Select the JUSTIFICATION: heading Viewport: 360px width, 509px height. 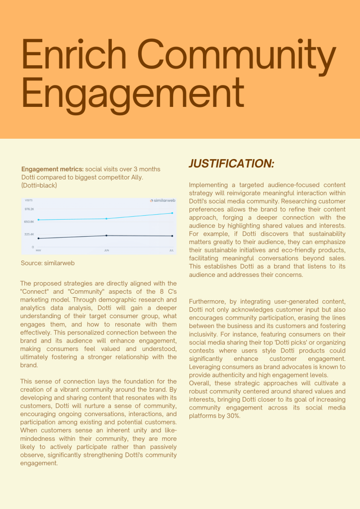231,164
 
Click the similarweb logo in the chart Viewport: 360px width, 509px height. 163,201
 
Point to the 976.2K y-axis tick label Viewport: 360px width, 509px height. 29,209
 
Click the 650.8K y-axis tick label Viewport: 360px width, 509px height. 29,222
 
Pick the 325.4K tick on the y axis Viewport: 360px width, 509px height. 29,234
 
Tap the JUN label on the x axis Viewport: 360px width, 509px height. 106,251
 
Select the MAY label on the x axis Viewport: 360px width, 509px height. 38,251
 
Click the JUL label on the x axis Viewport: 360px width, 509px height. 172,251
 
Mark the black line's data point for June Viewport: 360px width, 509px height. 106,235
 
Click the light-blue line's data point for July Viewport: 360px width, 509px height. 172,213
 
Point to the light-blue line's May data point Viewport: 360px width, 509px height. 38,220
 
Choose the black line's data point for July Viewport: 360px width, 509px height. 172,236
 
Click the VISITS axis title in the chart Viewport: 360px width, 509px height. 29,200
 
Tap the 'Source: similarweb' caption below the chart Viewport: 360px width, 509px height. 48,263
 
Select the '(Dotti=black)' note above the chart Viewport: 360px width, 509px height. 39,185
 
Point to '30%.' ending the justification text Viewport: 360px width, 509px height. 233,416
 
